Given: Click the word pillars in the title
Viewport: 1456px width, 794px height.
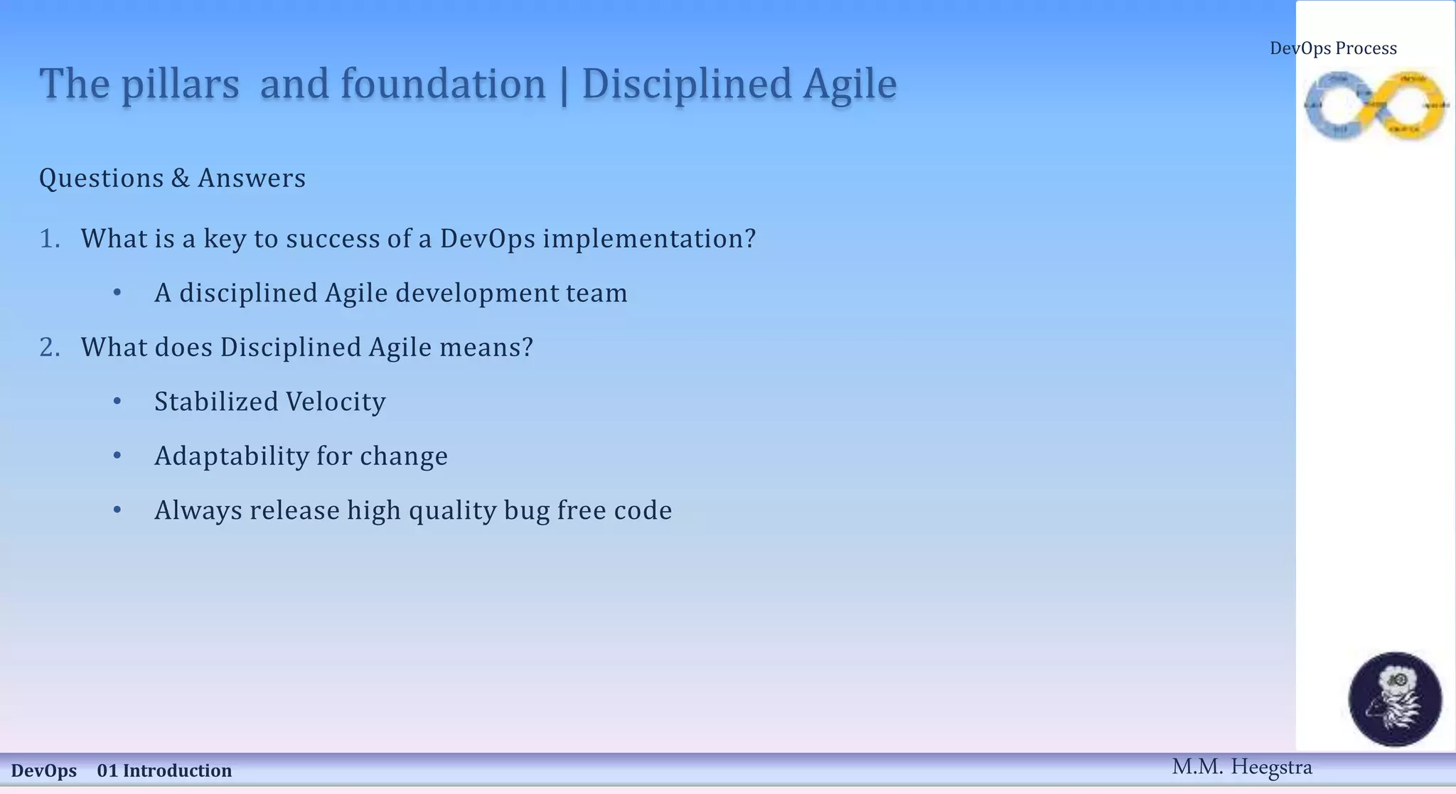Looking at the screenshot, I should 180,85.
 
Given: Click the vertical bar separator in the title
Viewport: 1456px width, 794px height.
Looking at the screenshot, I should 564,85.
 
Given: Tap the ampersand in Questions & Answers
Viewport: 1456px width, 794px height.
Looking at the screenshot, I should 181,178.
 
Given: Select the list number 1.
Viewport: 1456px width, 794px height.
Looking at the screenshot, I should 48,239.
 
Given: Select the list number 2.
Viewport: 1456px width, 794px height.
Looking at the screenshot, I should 48,348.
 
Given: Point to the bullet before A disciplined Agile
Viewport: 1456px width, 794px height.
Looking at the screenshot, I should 117,293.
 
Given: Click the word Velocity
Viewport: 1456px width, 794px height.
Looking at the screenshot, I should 336,402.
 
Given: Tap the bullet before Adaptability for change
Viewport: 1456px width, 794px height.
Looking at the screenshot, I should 117,456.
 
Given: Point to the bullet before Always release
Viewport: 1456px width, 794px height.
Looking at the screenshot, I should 117,510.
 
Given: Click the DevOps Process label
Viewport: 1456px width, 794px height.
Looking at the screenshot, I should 1333,48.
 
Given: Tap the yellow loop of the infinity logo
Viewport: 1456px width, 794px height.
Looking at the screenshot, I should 1412,105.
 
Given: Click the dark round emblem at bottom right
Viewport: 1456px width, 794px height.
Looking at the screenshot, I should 1395,699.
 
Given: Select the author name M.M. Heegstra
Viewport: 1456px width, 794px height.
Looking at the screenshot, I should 1241,767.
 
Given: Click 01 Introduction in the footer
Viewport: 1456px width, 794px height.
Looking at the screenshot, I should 164,771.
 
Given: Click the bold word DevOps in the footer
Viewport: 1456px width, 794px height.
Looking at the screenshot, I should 44,771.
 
